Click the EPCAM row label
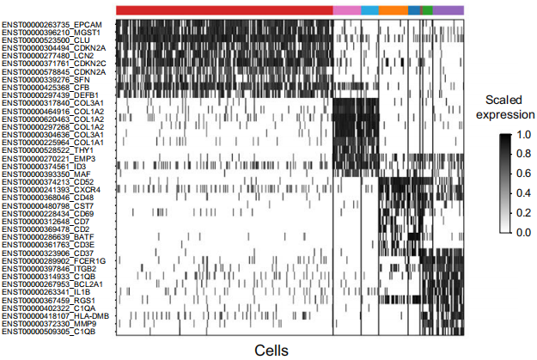pyautogui.click(x=52, y=25)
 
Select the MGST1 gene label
pyautogui.click(x=51, y=33)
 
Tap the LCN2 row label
pyautogui.click(x=48, y=56)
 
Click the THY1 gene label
pyautogui.click(x=47, y=150)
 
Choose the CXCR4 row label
pyautogui.click(x=51, y=190)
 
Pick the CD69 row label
pyautogui.click(x=48, y=214)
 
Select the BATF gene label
pyautogui.click(x=48, y=237)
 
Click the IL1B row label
pyautogui.click(x=46, y=292)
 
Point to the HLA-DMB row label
pyautogui.click(x=56, y=316)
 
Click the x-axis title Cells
pyautogui.click(x=272, y=351)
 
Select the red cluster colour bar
pyautogui.click(x=224, y=10)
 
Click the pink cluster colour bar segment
pyautogui.click(x=347, y=10)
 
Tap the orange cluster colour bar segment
pyautogui.click(x=394, y=10)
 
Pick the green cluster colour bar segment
pyautogui.click(x=428, y=10)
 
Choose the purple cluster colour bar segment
pyautogui.click(x=449, y=10)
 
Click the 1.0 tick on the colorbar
pyautogui.click(x=523, y=135)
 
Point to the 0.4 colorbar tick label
pyautogui.click(x=523, y=193)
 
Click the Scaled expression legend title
pyautogui.click(x=505, y=107)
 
